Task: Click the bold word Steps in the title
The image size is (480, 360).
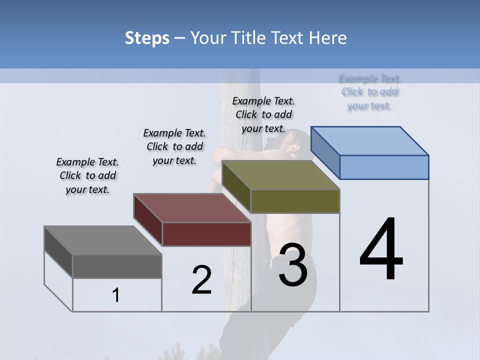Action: (x=147, y=38)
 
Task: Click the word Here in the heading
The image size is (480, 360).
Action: (x=328, y=38)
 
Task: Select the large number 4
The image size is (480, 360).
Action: (x=381, y=250)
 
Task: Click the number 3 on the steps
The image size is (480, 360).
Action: (x=293, y=265)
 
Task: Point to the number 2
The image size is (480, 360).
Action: (x=201, y=280)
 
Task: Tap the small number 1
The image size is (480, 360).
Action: (x=116, y=295)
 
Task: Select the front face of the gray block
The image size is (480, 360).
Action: (x=117, y=266)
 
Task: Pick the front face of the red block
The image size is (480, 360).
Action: (x=206, y=234)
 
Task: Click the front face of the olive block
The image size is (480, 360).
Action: (x=295, y=201)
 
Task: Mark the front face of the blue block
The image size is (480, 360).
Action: (x=384, y=167)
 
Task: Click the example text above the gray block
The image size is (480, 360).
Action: (x=87, y=175)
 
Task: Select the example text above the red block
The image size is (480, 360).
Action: (x=174, y=146)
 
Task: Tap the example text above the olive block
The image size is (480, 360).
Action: (x=263, y=114)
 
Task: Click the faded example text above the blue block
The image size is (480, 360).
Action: (x=370, y=92)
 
